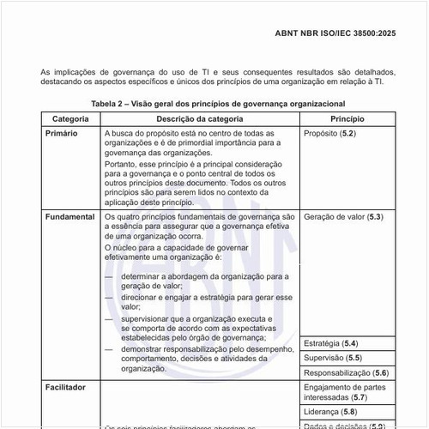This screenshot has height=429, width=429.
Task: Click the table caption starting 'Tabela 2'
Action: point(217,103)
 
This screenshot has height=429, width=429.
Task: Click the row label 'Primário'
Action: point(64,135)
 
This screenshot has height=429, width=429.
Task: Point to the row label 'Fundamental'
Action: point(70,218)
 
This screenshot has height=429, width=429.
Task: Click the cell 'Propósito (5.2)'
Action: point(330,135)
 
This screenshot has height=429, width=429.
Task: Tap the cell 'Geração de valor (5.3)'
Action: point(343,218)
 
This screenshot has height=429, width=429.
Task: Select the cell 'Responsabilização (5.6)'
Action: point(347,373)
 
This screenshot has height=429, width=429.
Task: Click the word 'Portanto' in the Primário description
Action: point(119,163)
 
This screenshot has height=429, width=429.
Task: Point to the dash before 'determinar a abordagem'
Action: point(109,278)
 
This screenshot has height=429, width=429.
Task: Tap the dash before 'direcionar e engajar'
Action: point(109,296)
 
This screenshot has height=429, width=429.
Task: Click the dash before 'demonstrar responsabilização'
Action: point(109,350)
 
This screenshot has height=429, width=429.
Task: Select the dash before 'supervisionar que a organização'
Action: point(109,318)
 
